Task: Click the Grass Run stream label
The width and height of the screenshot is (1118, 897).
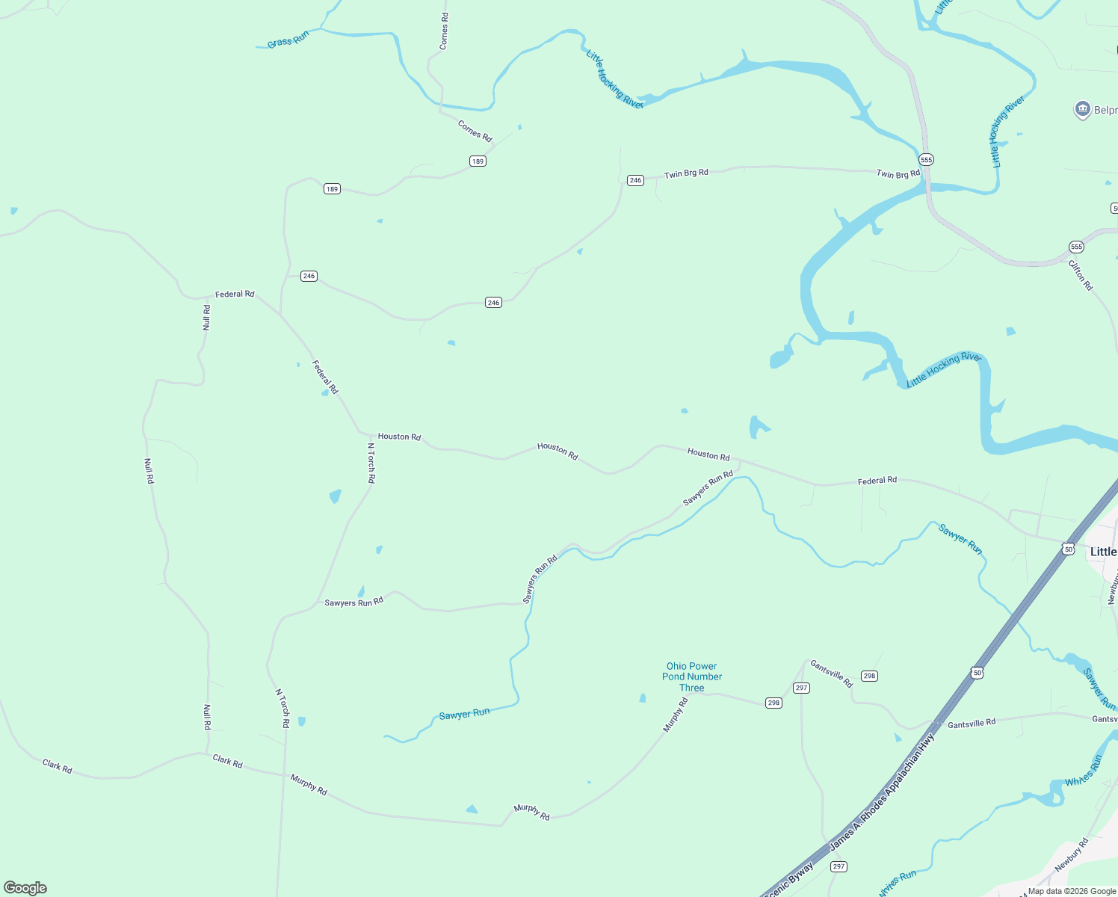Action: pos(288,40)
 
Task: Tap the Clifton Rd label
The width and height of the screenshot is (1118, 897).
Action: pos(1081,275)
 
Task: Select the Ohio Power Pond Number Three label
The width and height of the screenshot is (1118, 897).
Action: pos(692,676)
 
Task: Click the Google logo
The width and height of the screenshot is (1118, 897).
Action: pos(25,888)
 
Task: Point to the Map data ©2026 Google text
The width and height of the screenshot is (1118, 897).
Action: pos(1072,891)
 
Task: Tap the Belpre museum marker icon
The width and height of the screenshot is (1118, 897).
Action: pos(1082,110)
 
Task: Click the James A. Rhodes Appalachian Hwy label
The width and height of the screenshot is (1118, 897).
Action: pos(883,792)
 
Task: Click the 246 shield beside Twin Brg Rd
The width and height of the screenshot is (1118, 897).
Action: pos(635,180)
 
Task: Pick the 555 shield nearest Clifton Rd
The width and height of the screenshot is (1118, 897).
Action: pos(1076,247)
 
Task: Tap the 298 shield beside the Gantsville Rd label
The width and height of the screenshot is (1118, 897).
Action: pos(869,676)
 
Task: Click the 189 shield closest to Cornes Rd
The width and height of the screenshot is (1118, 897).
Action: pos(478,161)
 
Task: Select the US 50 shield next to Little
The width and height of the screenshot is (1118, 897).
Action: pos(1069,549)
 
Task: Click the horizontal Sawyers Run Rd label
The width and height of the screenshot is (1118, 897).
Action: pos(353,602)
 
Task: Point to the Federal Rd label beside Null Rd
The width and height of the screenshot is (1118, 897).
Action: pos(235,295)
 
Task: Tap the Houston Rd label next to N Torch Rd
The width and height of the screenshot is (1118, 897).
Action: pos(399,437)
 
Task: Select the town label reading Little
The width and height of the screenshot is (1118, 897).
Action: pos(1103,552)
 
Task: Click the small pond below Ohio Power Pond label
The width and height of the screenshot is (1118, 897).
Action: pos(643,698)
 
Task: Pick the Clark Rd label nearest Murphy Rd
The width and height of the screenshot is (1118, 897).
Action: pos(227,761)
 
